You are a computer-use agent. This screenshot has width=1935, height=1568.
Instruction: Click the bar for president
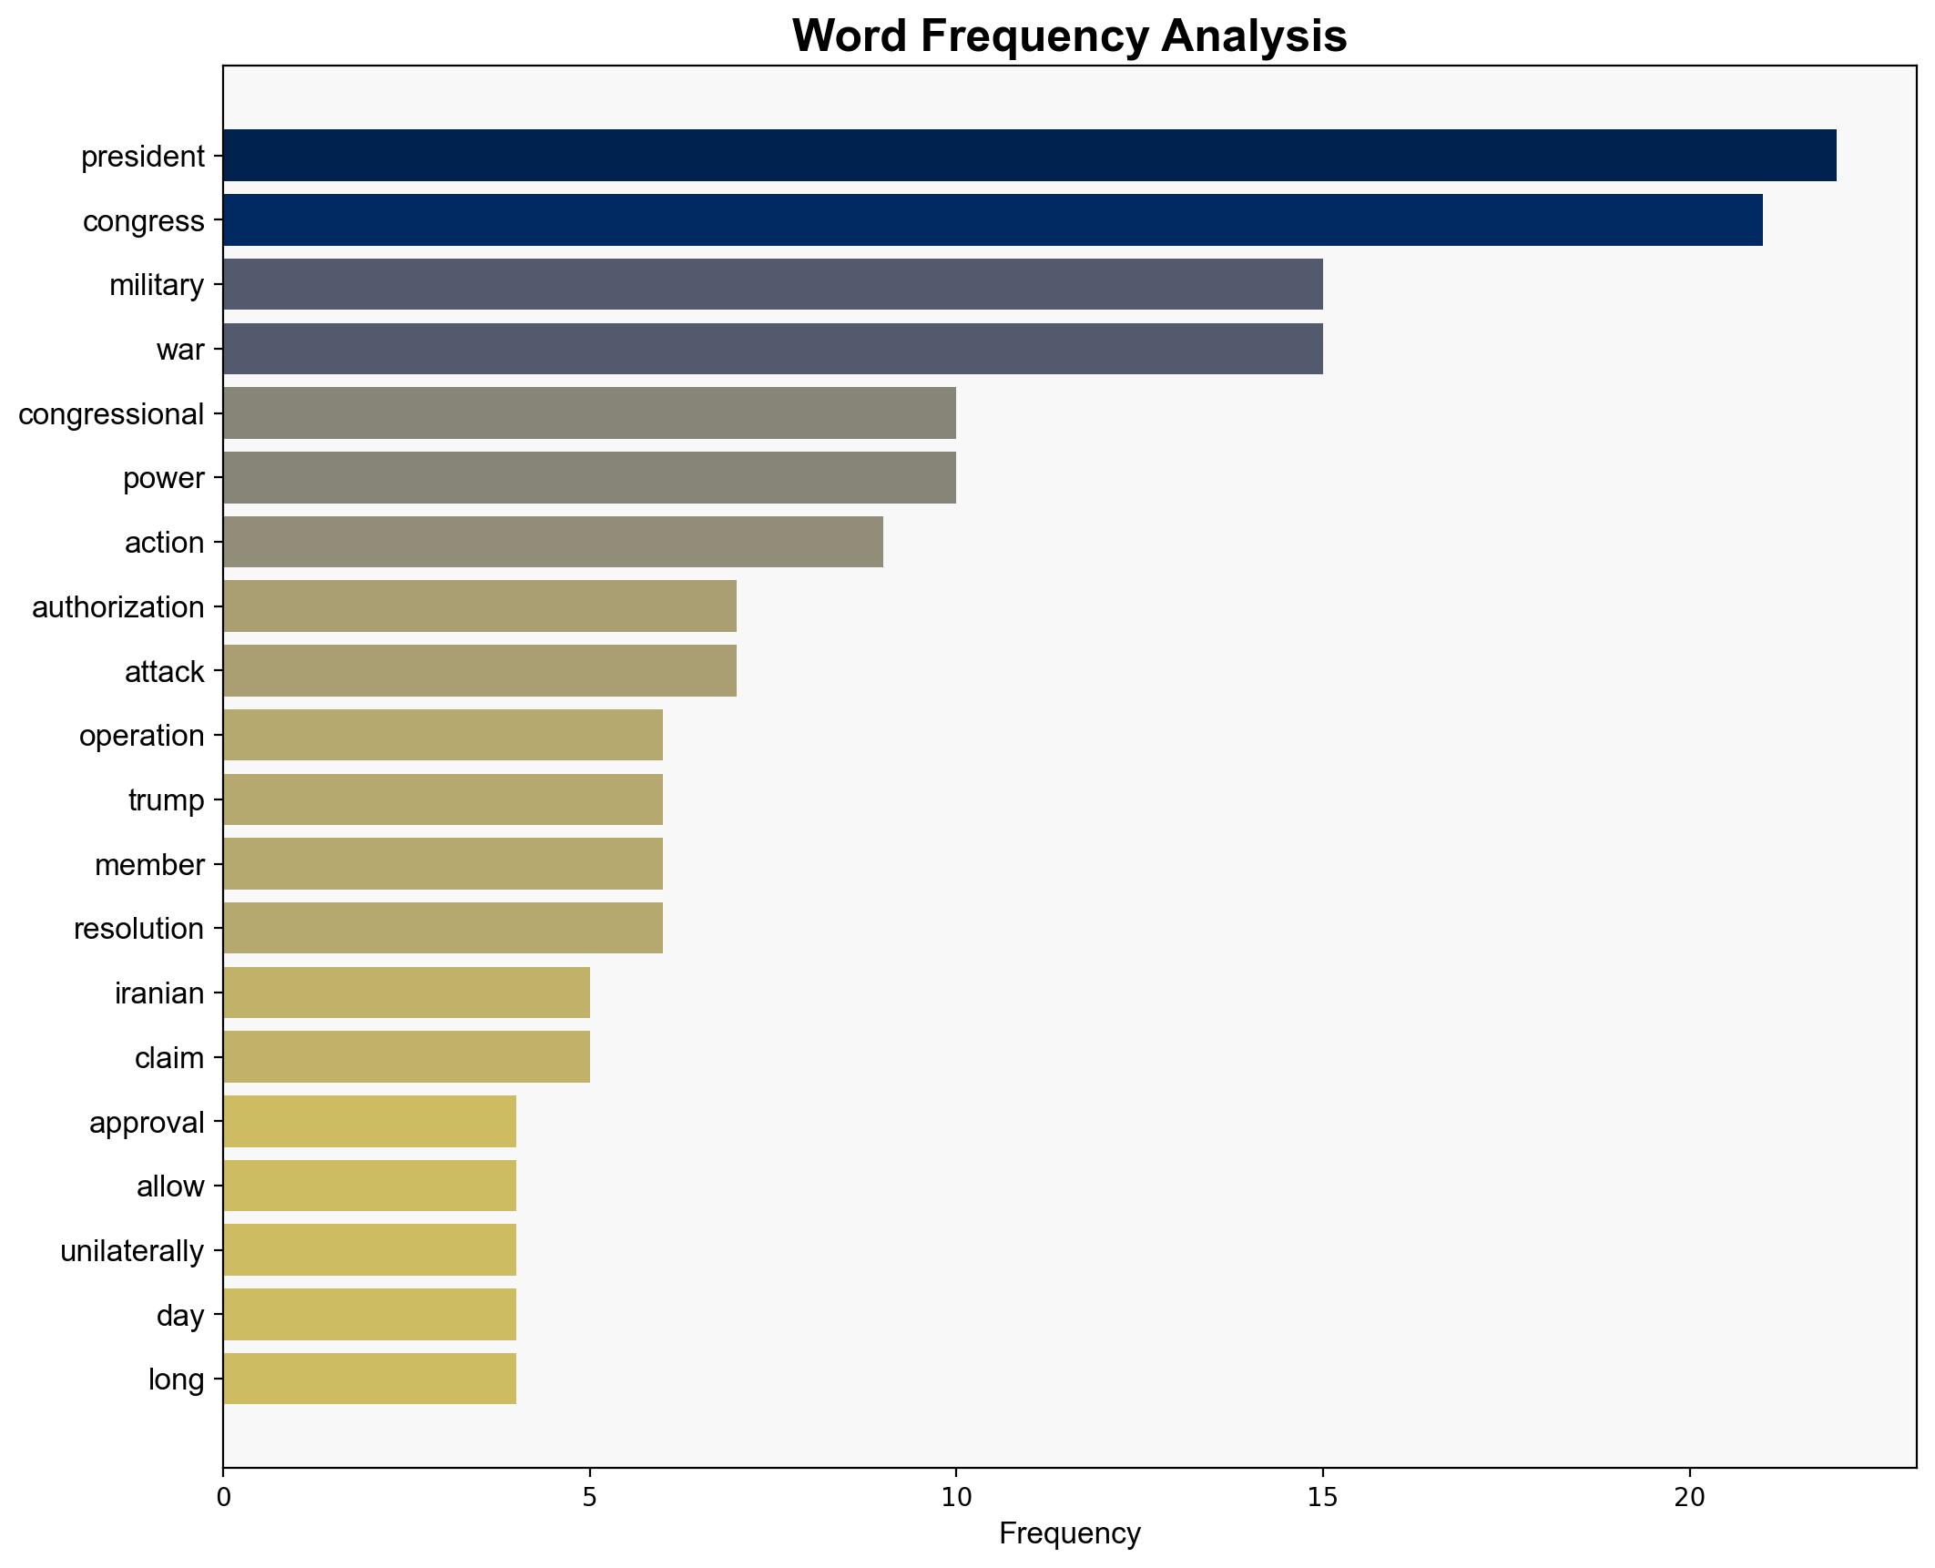pos(1029,156)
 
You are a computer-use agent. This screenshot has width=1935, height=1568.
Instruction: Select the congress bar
pos(993,220)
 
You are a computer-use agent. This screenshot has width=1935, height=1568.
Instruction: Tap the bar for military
pos(772,285)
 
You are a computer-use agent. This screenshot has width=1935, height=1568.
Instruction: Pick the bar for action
pos(553,543)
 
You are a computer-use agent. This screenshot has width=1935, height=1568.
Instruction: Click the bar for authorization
pos(480,606)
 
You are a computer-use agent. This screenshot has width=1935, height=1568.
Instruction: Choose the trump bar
pos(443,799)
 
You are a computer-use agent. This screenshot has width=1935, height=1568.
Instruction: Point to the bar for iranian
pos(406,993)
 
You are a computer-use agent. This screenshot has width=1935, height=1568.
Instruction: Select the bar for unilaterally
pos(370,1250)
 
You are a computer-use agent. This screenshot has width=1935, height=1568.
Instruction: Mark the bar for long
pos(370,1379)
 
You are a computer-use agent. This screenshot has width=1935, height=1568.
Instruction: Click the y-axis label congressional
pos(111,414)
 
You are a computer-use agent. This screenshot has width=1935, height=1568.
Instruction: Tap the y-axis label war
pos(180,350)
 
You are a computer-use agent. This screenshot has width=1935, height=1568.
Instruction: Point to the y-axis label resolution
pos(138,929)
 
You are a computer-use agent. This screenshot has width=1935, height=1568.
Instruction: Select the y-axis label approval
pos(147,1123)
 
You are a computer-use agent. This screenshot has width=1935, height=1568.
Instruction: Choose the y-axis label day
pos(180,1316)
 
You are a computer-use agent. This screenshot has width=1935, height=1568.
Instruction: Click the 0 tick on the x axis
pos(223,1498)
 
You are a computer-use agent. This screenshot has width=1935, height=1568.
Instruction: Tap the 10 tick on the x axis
pos(955,1498)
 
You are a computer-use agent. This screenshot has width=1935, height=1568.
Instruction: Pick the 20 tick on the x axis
pos(1689,1498)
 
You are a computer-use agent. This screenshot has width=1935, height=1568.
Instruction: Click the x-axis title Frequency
pos(1069,1534)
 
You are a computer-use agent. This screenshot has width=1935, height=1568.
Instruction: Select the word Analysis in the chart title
pos(1253,36)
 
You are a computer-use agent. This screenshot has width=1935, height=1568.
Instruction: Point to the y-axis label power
pos(164,478)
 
